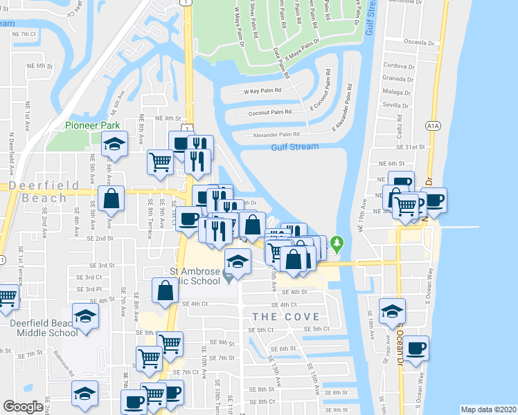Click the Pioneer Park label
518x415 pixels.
(x=93, y=125)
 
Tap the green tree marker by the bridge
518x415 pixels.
(x=337, y=243)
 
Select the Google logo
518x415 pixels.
(x=23, y=407)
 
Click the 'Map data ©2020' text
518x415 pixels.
(x=488, y=409)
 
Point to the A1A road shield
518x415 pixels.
(x=434, y=125)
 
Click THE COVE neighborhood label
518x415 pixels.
(x=286, y=317)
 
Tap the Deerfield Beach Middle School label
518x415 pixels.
(x=44, y=327)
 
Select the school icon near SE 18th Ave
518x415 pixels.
(x=393, y=310)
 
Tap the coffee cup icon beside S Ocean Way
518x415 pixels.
(x=416, y=348)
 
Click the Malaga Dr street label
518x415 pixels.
(x=396, y=91)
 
